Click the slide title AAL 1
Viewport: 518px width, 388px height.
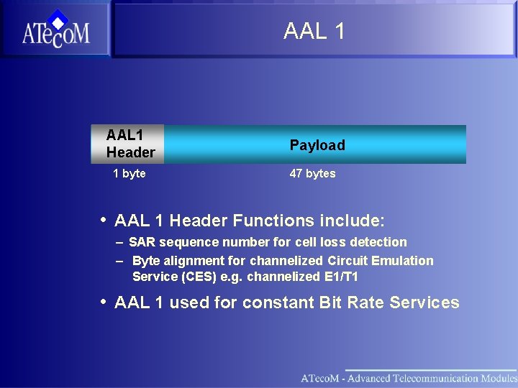pyautogui.click(x=314, y=31)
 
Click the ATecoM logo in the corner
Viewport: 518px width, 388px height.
pyautogui.click(x=55, y=29)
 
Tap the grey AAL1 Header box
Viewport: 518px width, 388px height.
pyautogui.click(x=128, y=144)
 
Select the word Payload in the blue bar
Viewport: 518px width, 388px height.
pyautogui.click(x=317, y=145)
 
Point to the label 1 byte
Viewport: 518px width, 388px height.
pyautogui.click(x=129, y=173)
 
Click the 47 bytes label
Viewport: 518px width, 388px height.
pyautogui.click(x=312, y=173)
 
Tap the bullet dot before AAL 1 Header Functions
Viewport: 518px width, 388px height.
pyautogui.click(x=104, y=219)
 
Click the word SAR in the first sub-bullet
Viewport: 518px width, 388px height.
pyautogui.click(x=142, y=242)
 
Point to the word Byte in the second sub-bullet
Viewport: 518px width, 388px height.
pyautogui.click(x=147, y=261)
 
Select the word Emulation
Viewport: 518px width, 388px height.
pyautogui.click(x=404, y=261)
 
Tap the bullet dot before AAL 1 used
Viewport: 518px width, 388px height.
pyautogui.click(x=104, y=301)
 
